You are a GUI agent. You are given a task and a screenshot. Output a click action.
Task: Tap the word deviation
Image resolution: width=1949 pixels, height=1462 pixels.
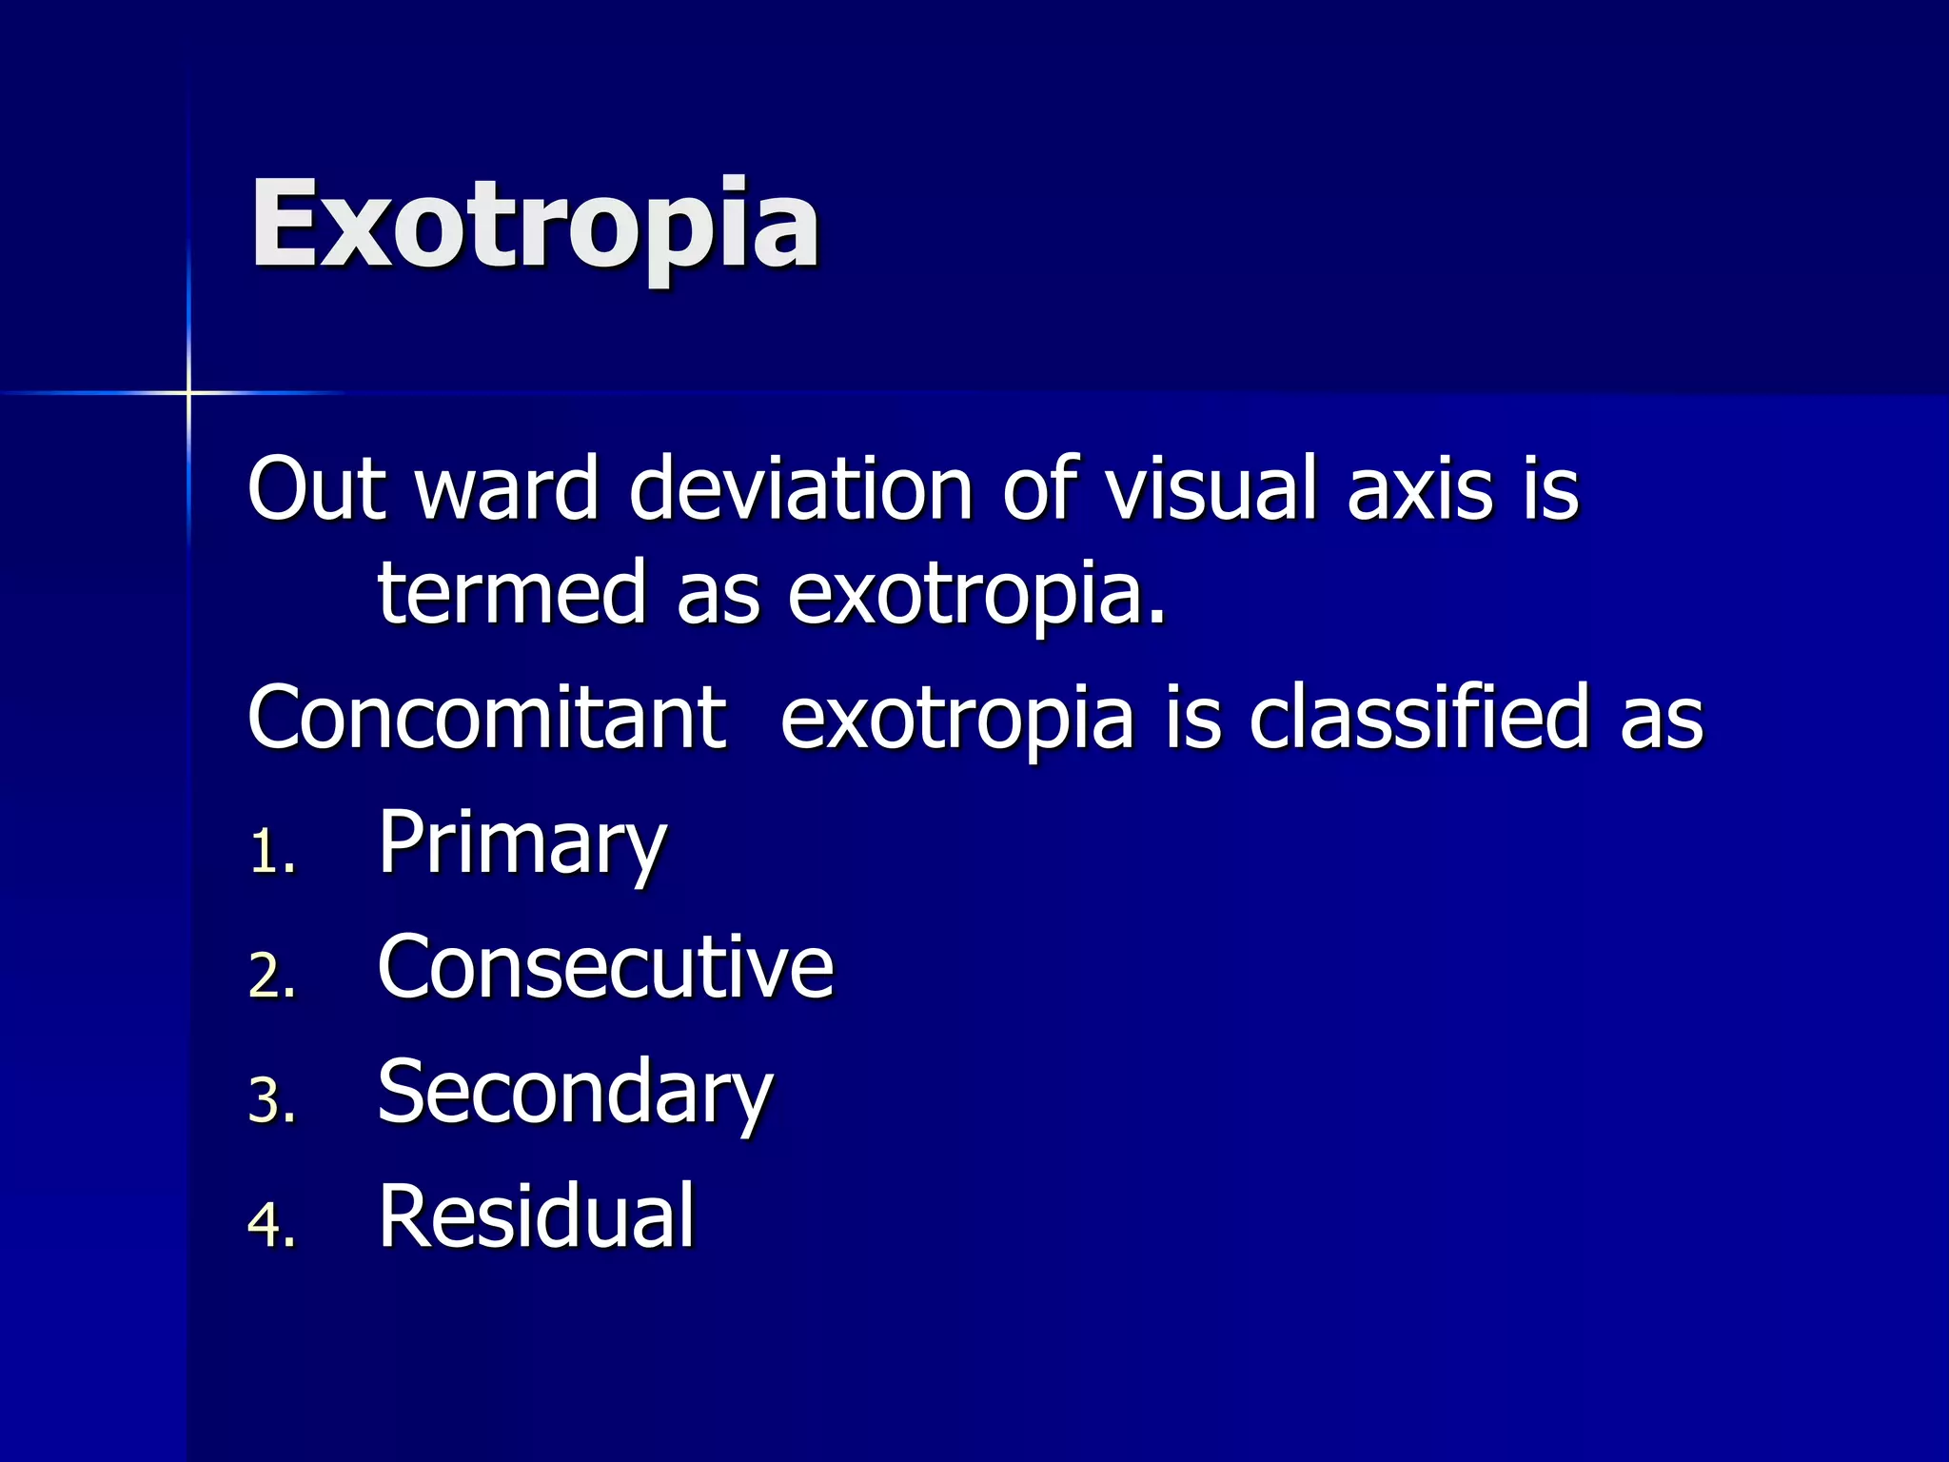[800, 488]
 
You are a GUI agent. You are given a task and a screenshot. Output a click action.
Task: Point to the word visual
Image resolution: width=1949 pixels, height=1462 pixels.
[1211, 488]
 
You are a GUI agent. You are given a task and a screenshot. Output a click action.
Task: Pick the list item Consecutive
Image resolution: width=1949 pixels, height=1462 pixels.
[605, 967]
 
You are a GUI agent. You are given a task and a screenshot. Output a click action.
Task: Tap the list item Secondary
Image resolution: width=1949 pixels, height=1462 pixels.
[575, 1093]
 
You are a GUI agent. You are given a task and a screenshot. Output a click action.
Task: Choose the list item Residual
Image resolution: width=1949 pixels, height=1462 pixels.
[537, 1215]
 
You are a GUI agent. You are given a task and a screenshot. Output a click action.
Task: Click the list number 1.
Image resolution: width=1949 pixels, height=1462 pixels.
[272, 853]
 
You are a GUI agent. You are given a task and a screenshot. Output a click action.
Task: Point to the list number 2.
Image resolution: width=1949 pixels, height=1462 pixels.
[272, 977]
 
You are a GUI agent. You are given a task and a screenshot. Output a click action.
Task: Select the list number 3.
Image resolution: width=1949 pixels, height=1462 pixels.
[272, 1101]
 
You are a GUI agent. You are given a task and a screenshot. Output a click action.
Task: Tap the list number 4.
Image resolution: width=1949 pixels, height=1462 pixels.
[272, 1225]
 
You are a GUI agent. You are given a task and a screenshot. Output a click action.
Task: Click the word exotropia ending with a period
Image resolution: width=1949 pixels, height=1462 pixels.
[976, 595]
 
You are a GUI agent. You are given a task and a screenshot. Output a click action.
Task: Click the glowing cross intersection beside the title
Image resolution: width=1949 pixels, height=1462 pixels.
[188, 392]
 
